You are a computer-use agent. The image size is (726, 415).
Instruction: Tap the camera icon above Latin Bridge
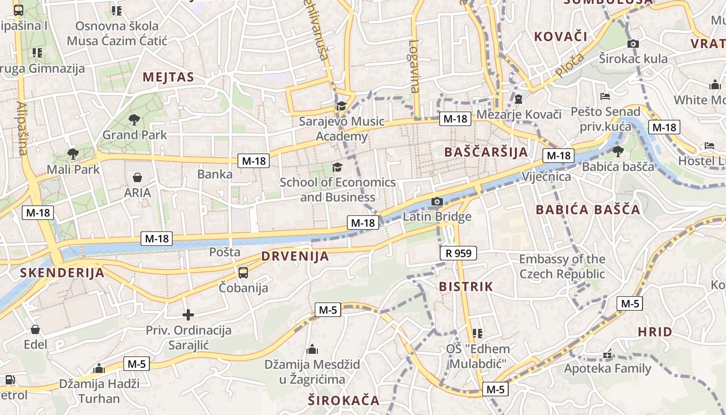pos(437,201)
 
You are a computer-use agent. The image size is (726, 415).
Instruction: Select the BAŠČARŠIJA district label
pos(486,152)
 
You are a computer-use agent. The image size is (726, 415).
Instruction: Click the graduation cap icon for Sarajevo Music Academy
pos(341,106)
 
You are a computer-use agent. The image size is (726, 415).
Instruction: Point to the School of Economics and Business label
pos(338,190)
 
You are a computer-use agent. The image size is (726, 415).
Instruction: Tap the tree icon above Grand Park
pos(134,120)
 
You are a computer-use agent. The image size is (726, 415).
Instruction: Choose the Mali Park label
pos(73,169)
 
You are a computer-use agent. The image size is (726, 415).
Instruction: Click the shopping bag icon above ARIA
pos(137,178)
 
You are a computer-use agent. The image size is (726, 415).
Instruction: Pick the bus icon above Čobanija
pos(243,272)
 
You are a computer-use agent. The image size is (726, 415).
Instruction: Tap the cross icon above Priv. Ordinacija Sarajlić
pos(188,314)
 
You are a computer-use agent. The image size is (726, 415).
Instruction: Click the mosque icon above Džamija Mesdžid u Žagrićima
pos(312,349)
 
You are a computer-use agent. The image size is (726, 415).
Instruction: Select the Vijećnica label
pos(546,176)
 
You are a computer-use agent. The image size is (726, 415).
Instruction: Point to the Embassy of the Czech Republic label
pos(562,266)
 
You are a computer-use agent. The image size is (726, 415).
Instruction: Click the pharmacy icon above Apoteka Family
pos(607,355)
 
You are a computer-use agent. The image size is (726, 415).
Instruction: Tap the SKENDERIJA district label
pos(62,272)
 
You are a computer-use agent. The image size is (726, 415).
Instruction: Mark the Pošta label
pos(225,252)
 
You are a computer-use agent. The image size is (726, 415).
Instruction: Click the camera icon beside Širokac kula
pos(633,44)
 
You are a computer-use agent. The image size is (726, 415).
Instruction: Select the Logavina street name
pos(413,66)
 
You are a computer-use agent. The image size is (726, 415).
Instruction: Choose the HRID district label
pos(655,331)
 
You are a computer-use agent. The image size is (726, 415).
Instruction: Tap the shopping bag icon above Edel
pos(35,329)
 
